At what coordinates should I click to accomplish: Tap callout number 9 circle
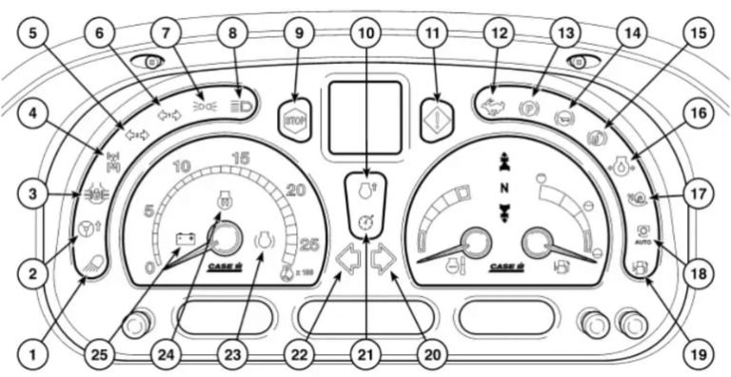pyautogui.click(x=299, y=34)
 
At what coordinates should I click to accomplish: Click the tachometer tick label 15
pyautogui.click(x=241, y=157)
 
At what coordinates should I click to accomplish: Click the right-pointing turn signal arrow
pyautogui.click(x=383, y=258)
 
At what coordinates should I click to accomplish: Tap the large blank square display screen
pyautogui.click(x=364, y=118)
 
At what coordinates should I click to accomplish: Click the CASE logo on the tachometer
pyautogui.click(x=225, y=268)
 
